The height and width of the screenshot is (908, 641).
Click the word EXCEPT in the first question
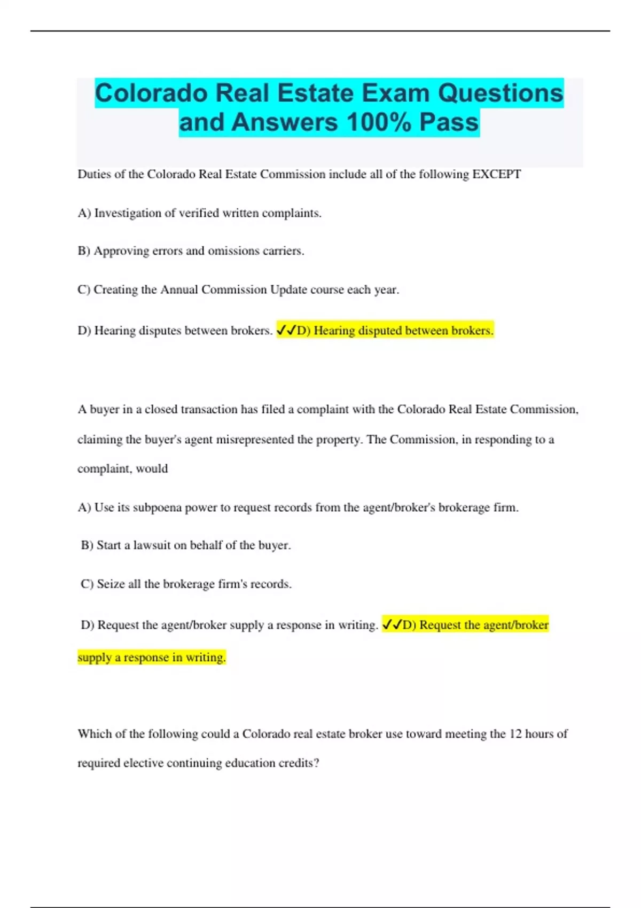[496, 175]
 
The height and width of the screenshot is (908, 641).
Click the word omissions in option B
[233, 251]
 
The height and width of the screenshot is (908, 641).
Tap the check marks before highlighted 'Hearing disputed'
[286, 331]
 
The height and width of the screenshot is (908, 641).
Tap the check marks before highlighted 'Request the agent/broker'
[392, 625]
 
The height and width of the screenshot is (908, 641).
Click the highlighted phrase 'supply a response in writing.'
[152, 657]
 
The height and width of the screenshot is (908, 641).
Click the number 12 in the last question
[515, 734]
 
